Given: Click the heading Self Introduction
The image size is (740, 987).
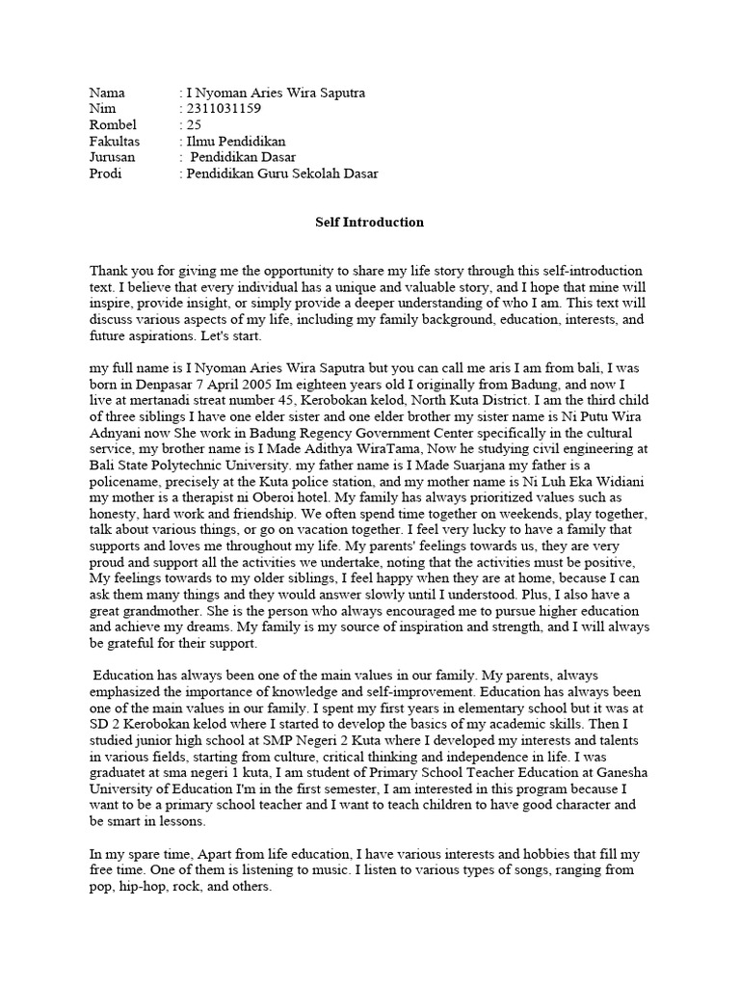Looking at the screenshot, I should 369,222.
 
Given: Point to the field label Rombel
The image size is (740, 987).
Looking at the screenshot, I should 113,125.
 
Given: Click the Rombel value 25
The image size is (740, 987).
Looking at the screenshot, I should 192,125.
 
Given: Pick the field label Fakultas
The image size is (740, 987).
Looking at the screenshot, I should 114,142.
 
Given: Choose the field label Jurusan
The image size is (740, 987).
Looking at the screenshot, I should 112,157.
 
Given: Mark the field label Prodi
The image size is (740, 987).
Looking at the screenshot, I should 105,173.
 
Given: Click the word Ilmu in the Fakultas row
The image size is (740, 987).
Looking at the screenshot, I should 199,142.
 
